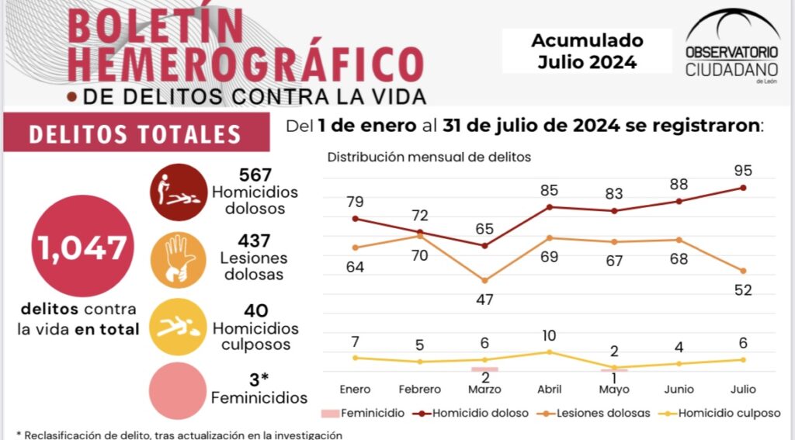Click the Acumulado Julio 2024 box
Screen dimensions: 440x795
587,51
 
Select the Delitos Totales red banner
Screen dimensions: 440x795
135,133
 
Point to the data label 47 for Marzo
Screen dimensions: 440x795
484,300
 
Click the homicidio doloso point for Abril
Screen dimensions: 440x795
550,206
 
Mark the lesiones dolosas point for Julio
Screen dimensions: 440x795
745,271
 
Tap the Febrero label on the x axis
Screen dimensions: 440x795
419,389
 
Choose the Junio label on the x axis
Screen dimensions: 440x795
679,389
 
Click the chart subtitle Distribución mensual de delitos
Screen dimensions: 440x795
429,157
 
